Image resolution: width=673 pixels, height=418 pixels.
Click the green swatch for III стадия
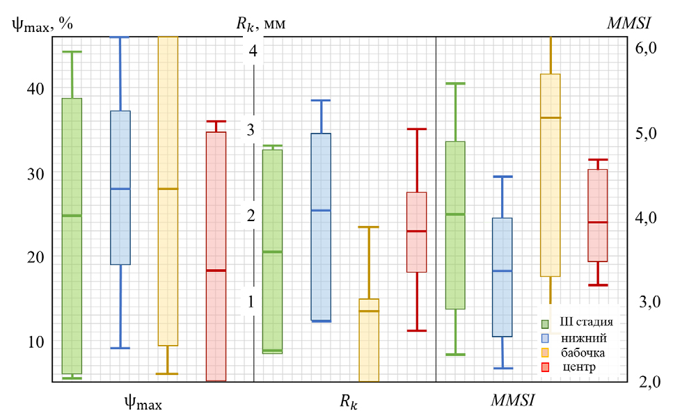pyautogui.click(x=547, y=323)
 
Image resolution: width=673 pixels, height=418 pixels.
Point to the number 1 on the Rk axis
pyautogui.click(x=251, y=301)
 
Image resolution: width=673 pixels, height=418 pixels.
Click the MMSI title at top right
pyautogui.click(x=628, y=23)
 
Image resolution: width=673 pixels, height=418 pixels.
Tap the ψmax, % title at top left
pyautogui.click(x=42, y=24)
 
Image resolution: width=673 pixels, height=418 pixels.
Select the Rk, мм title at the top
pyautogui.click(x=261, y=24)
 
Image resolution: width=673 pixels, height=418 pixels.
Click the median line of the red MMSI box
pyautogui.click(x=598, y=222)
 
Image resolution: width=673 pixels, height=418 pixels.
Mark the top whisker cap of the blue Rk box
pyautogui.click(x=321, y=100)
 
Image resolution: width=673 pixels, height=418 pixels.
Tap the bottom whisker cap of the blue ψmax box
pyautogui.click(x=120, y=348)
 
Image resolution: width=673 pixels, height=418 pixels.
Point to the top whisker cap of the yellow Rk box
pyautogui.click(x=369, y=227)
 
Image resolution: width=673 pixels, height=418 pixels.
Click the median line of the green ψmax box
pyautogui.click(x=72, y=216)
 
